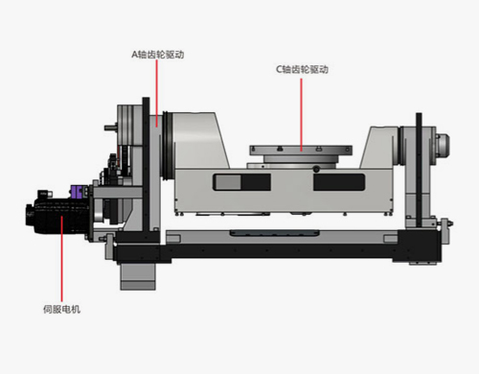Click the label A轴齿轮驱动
point(158,55)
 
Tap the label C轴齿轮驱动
point(302,69)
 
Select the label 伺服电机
point(62,309)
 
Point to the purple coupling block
point(77,192)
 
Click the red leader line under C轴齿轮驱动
point(301,114)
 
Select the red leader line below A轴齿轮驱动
point(157,93)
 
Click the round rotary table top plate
point(301,150)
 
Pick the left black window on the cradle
point(241,182)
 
